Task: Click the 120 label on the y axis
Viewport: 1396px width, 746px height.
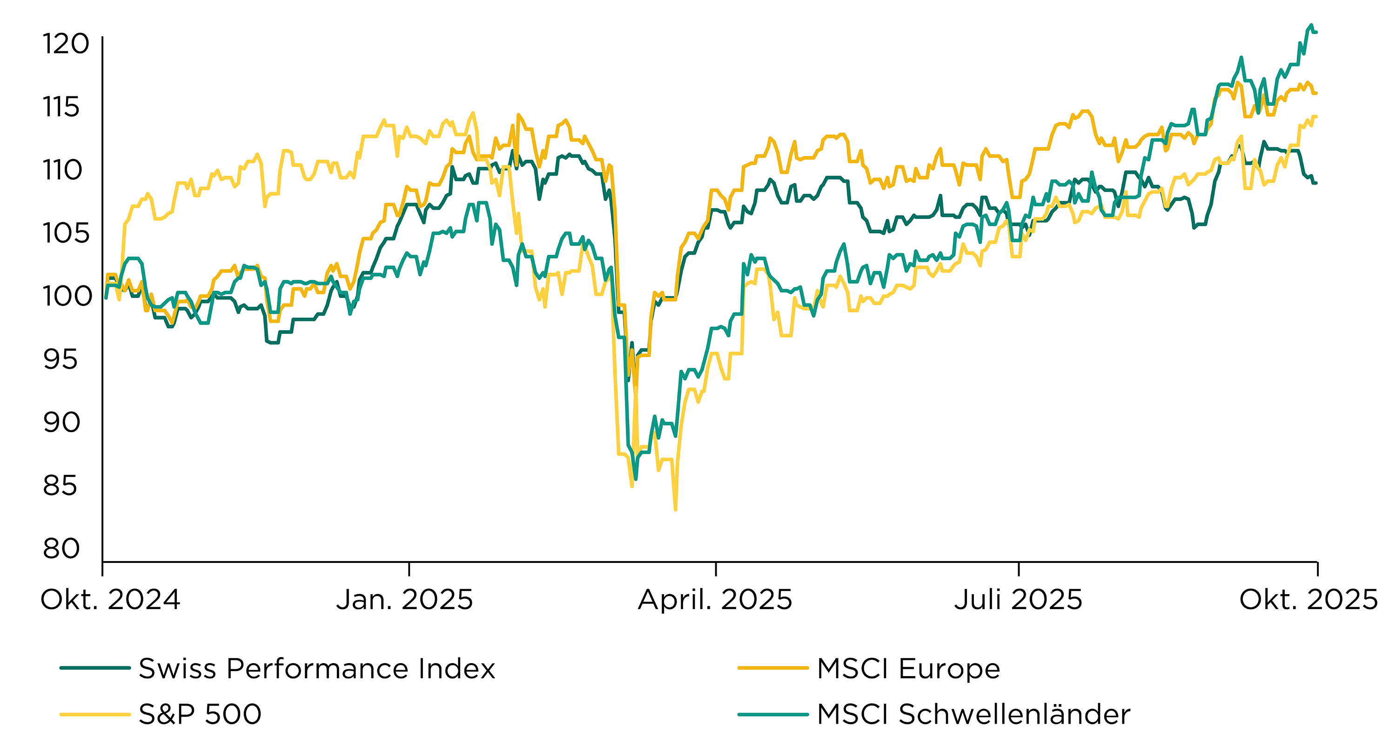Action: click(66, 44)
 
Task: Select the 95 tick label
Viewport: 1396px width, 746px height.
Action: click(60, 359)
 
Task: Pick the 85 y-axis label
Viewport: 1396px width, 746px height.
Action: click(60, 486)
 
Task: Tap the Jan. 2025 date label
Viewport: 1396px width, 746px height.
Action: click(404, 600)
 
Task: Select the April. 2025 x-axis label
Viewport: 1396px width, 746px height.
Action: click(715, 600)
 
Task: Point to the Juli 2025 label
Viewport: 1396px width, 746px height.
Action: click(1018, 600)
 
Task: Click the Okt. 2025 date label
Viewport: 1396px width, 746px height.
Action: click(1308, 600)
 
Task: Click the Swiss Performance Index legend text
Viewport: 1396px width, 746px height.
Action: click(317, 669)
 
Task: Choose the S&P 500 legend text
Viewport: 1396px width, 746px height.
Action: click(200, 714)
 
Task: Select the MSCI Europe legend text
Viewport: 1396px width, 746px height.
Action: click(908, 669)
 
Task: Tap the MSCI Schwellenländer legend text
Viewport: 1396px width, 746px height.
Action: click(973, 714)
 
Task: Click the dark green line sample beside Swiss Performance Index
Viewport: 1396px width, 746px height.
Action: click(95, 668)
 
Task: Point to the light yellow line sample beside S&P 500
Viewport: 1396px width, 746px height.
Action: click(95, 714)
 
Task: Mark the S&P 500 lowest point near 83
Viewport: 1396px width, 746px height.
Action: click(675, 509)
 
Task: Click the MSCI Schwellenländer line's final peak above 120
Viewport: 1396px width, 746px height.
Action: click(1311, 25)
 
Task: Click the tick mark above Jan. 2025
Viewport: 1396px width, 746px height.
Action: click(409, 569)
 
